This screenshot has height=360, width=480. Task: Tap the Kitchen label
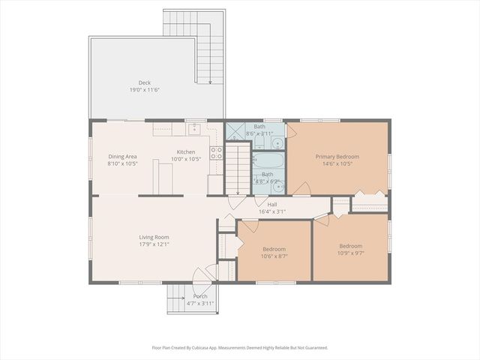click(186, 152)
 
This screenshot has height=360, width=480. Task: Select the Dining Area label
click(123, 156)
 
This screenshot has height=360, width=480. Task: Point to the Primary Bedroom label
click(337, 157)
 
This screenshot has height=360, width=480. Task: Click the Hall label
click(273, 204)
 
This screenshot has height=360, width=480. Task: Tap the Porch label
click(199, 296)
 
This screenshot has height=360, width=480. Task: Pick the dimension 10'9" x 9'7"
click(350, 253)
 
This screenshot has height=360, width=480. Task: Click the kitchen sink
click(193, 128)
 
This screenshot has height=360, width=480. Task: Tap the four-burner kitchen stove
click(216, 153)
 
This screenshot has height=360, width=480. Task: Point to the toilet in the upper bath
click(276, 142)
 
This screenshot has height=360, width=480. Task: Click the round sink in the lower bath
click(278, 187)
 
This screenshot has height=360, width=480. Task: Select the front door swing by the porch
click(201, 276)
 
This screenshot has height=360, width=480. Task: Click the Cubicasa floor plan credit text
click(239, 347)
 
